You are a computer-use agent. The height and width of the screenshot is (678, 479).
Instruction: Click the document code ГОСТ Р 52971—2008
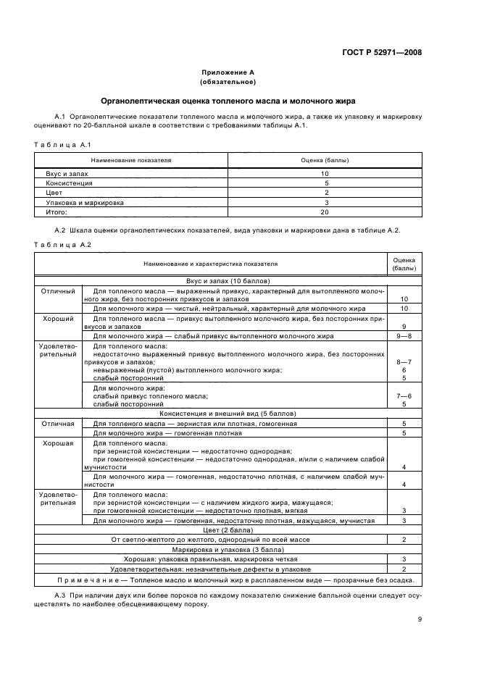[382, 52]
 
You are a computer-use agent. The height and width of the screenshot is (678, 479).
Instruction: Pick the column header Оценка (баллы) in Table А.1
[324, 159]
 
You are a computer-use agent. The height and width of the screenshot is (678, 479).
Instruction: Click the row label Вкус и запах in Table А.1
[65, 174]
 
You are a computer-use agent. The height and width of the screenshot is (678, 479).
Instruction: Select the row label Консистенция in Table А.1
[67, 183]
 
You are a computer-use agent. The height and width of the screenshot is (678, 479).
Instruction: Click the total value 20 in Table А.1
[325, 212]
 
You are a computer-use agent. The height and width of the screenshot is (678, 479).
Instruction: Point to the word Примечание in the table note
[84, 579]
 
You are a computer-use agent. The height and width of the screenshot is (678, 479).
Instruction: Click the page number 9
[420, 619]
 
